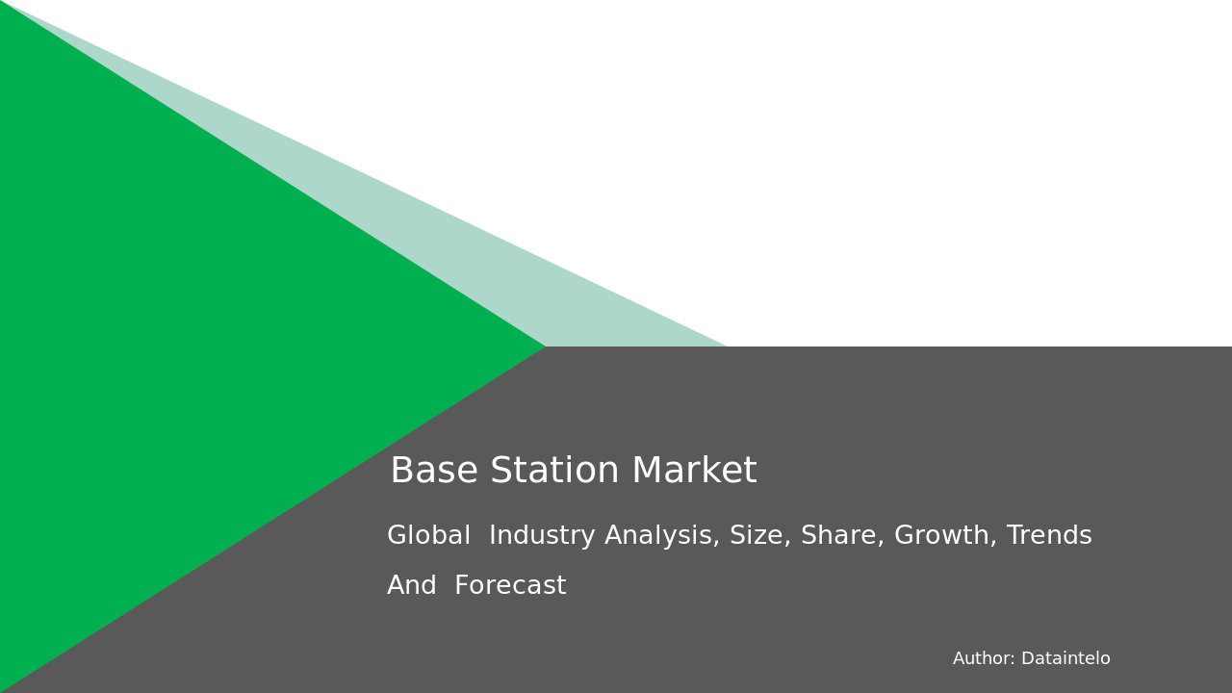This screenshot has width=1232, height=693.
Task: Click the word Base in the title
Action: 434,472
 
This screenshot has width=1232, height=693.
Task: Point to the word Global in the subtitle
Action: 429,536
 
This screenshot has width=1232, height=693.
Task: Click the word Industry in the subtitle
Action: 542,536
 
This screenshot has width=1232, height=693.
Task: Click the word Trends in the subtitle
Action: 1049,536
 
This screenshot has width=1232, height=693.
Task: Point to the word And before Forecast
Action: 412,586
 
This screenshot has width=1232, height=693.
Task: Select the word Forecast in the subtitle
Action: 510,586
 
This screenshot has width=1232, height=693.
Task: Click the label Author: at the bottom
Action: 984,659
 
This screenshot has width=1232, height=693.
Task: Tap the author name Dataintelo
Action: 1065,659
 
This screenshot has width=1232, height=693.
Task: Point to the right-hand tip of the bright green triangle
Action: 543,346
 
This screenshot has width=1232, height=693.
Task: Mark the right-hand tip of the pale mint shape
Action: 724,345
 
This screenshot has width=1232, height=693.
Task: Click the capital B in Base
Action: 401,472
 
